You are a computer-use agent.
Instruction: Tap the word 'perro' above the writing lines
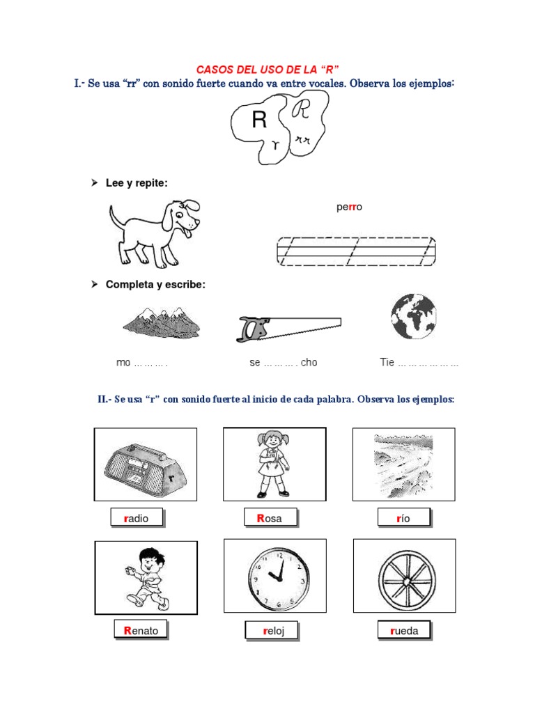tap(349, 207)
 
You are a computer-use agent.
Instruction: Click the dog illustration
tap(155, 233)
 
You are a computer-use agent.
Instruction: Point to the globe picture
tap(413, 316)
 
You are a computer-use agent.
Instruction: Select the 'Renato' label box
tap(141, 631)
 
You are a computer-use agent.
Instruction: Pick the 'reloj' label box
tap(271, 631)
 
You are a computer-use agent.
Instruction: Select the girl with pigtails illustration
tap(273, 464)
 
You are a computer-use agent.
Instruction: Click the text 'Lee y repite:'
tap(137, 182)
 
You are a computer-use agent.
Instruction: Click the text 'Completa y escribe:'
tap(155, 285)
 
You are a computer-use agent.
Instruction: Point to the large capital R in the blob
tap(259, 121)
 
